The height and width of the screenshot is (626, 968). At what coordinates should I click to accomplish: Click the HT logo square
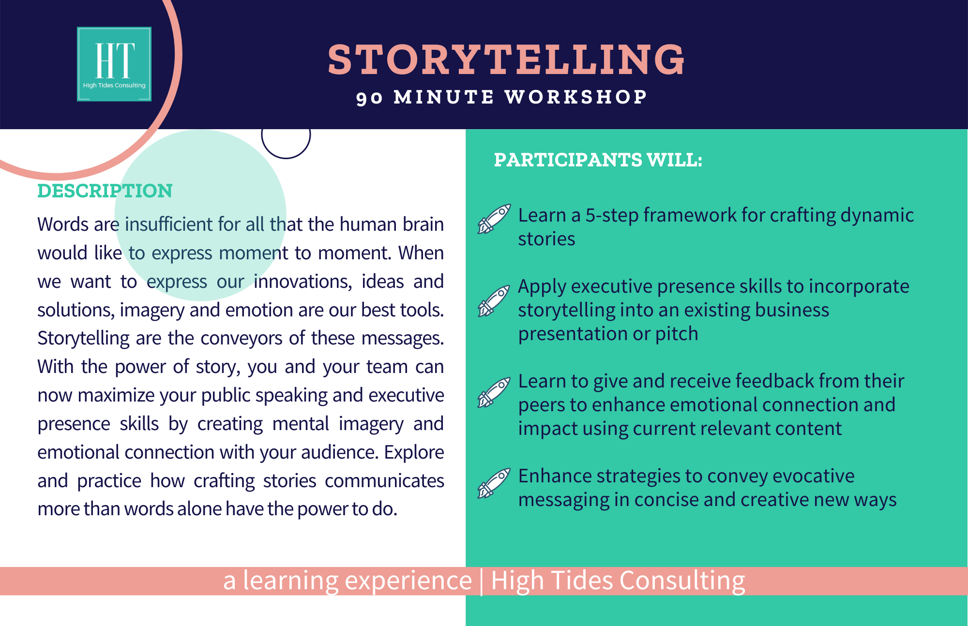tap(114, 64)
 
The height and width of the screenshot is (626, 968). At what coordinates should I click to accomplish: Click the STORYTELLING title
tap(506, 60)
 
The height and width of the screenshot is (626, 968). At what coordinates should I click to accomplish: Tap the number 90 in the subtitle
tap(370, 98)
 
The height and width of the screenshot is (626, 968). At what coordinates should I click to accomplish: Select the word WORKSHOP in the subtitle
tap(576, 97)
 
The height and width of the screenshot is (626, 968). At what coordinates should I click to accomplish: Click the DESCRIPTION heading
tap(105, 191)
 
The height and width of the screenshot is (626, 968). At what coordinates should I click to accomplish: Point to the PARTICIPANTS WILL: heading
tap(598, 160)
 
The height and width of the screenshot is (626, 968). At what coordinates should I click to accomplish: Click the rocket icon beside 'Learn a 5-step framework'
tap(494, 219)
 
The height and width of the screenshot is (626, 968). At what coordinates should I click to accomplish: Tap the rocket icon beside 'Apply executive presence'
tap(494, 300)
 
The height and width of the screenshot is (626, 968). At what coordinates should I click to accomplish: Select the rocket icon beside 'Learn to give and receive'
tap(494, 392)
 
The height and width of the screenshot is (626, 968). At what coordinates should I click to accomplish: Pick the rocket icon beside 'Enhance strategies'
tap(494, 483)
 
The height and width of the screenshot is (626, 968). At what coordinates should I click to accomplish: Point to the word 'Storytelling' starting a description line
tap(84, 339)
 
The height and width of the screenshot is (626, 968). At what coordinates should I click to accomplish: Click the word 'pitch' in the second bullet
tap(677, 334)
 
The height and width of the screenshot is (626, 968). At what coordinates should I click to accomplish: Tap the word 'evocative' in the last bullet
tap(814, 476)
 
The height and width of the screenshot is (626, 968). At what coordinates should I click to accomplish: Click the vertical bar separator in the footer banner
tap(481, 581)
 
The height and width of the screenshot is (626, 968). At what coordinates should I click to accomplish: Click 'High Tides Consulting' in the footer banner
tap(618, 581)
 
